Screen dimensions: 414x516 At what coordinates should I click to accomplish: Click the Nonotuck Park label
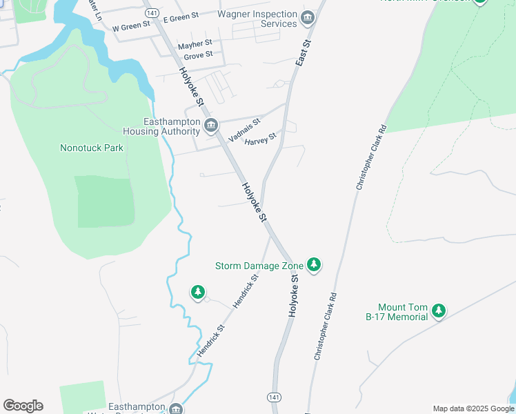point(91,148)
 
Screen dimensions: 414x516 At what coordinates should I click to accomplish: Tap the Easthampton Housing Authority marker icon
point(211,126)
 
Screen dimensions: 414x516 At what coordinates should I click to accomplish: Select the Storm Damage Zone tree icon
point(314,265)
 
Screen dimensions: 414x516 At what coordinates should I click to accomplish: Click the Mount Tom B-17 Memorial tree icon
point(439,312)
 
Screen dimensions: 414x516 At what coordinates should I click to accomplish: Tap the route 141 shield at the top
point(152,13)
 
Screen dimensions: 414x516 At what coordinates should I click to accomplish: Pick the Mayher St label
point(195,45)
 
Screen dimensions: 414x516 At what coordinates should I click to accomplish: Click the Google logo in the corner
point(23,406)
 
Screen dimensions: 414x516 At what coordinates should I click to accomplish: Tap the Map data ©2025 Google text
point(473,408)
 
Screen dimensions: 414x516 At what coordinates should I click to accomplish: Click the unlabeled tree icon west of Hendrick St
point(198,293)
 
